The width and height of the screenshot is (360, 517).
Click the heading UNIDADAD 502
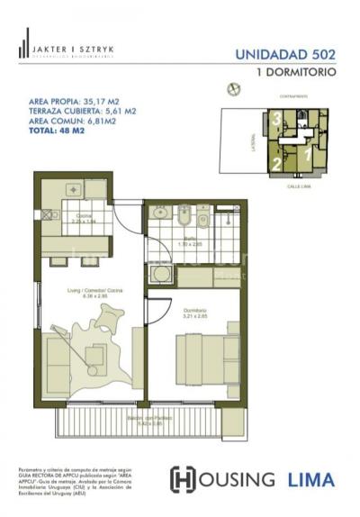[286, 54]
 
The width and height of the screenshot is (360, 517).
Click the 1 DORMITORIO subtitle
[296, 70]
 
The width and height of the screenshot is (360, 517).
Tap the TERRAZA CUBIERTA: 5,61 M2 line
[82, 112]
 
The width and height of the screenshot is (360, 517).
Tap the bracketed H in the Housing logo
[183, 478]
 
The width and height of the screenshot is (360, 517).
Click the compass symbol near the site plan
[235, 89]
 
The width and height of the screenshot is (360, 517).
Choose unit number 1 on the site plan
[307, 153]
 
